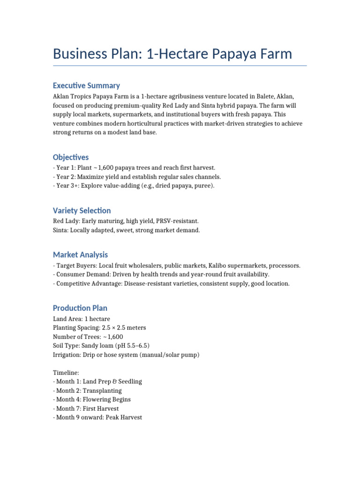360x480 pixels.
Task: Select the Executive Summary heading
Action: coord(86,85)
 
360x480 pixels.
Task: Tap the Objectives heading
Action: coord(71,157)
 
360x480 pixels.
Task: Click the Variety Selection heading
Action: coord(82,210)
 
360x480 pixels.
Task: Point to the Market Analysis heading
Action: coord(80,255)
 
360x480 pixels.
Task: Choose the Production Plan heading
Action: coord(80,308)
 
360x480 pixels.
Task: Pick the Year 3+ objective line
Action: coord(134,186)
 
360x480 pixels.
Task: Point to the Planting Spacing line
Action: coord(99,328)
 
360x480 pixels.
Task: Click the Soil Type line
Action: coord(101,345)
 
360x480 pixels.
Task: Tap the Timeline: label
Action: coord(66,372)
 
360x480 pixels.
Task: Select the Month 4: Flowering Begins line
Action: coord(92,399)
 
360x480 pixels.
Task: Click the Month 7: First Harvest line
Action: coord(86,408)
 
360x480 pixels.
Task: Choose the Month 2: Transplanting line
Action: coord(87,390)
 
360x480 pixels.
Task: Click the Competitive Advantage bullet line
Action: coord(172,284)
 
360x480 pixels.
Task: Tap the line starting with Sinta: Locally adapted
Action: coord(127,230)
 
